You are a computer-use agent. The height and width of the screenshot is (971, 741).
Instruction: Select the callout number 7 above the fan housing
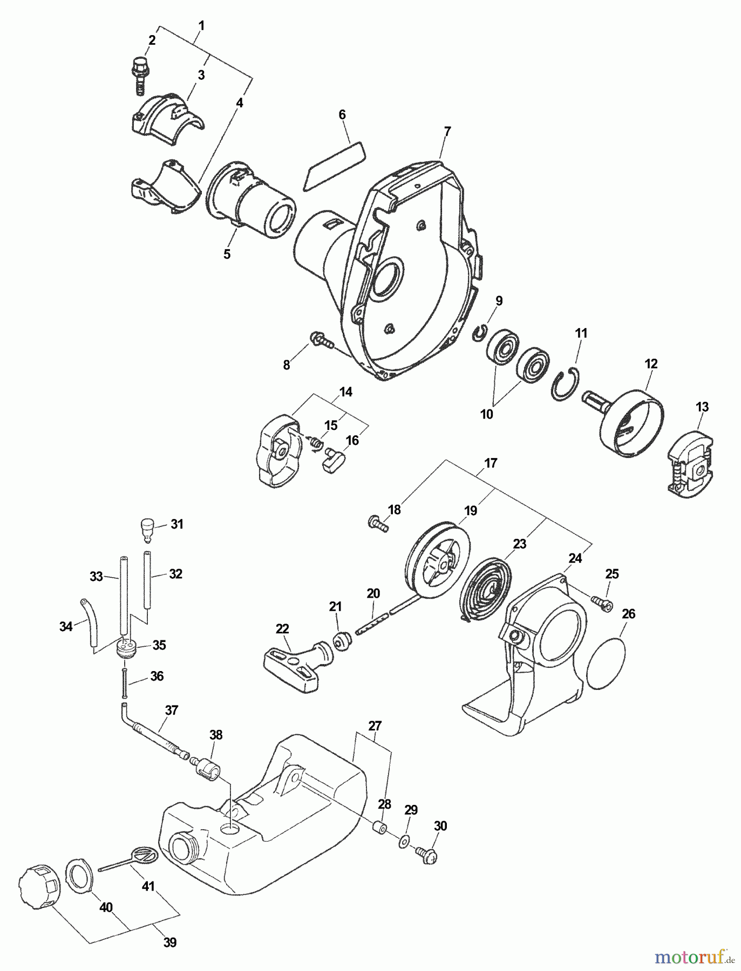pos(447,131)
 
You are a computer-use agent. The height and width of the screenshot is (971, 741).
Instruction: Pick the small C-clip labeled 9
pos(480,333)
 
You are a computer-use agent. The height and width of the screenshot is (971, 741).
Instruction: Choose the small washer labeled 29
pos(404,843)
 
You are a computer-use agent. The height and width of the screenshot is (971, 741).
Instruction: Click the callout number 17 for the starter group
pos(491,463)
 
